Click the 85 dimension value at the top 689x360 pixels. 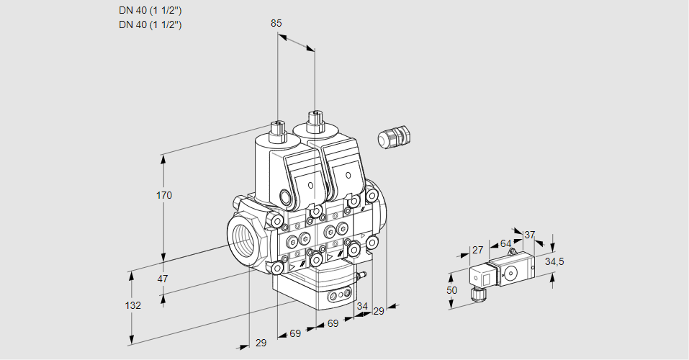[276, 23]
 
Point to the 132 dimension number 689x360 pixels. [132, 305]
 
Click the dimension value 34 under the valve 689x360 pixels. [361, 306]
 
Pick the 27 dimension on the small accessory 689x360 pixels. [477, 251]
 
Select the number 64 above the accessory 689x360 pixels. [505, 243]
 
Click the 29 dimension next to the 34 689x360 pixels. [379, 311]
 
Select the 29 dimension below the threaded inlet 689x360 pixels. [261, 343]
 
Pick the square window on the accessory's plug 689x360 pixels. [487, 276]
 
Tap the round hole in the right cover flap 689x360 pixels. [348, 176]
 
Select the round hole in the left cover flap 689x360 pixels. [311, 185]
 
